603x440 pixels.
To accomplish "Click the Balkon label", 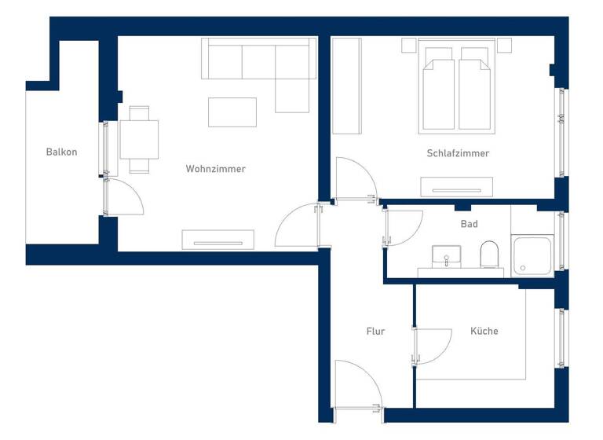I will pyautogui.click(x=61, y=152).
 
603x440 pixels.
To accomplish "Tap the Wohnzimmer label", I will pyautogui.click(x=215, y=169).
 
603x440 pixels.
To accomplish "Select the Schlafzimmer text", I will pyautogui.click(x=458, y=153).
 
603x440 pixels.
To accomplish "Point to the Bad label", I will pyautogui.click(x=469, y=224).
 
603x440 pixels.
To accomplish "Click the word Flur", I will pyautogui.click(x=375, y=332).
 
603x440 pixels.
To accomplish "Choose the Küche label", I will pyautogui.click(x=484, y=332).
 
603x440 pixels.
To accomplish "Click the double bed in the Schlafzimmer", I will pyautogui.click(x=456, y=86).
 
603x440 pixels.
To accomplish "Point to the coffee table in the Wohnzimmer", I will pyautogui.click(x=232, y=112).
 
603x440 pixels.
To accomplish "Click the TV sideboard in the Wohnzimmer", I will pyautogui.click(x=218, y=240).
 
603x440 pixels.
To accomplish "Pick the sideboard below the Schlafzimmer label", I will pyautogui.click(x=456, y=187).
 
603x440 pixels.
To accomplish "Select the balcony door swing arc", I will pyautogui.click(x=124, y=196).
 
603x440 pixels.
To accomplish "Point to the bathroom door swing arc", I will pyautogui.click(x=400, y=228).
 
